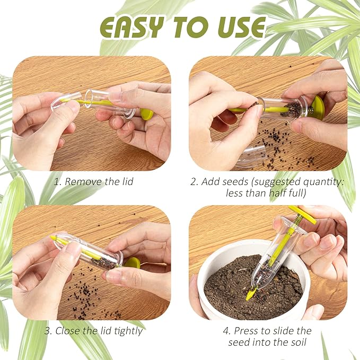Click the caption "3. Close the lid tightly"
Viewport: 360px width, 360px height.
[x=93, y=331]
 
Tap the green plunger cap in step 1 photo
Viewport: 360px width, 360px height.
[x=146, y=113]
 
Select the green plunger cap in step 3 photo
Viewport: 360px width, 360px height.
[x=132, y=262]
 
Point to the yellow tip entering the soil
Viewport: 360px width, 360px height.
[x=250, y=294]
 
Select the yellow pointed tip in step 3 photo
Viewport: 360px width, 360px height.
[x=54, y=239]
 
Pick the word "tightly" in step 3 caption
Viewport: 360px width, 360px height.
[x=127, y=331]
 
